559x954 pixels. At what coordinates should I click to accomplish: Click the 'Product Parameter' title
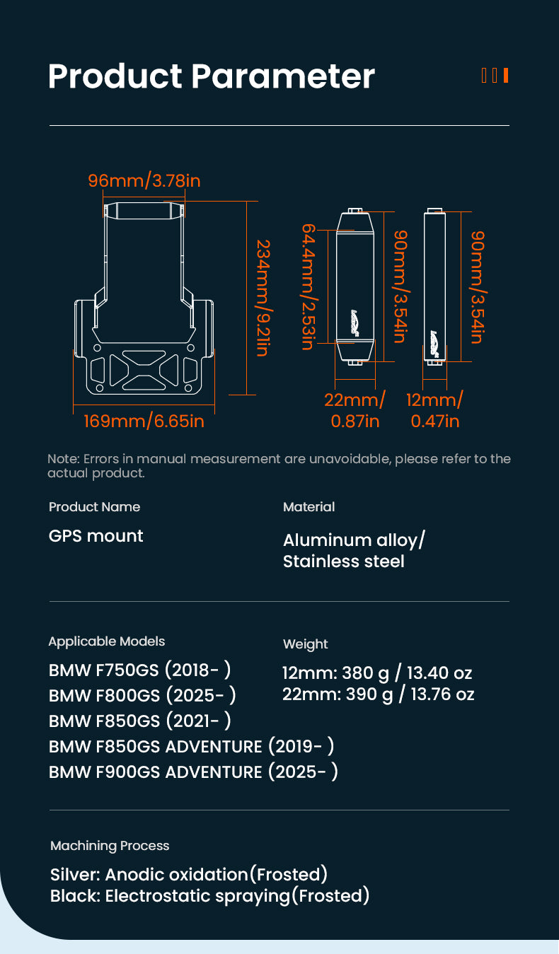[211, 76]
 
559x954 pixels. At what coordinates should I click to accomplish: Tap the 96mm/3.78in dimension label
[144, 181]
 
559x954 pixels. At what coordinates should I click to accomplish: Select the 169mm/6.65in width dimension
[144, 421]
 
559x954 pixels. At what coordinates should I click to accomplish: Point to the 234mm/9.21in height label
[263, 297]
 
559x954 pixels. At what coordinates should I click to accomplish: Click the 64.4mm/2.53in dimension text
[309, 286]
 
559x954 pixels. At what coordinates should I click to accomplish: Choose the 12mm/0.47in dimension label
[434, 410]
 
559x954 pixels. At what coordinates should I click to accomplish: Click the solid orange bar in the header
[506, 75]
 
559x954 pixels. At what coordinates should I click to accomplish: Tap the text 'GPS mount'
[96, 536]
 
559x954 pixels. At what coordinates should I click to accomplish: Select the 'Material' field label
[309, 507]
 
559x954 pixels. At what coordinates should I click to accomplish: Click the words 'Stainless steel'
[343, 562]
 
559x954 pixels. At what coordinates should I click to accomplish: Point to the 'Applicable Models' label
[106, 641]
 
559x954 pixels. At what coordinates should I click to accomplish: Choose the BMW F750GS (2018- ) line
[139, 670]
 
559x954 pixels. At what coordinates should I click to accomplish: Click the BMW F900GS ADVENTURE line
[193, 772]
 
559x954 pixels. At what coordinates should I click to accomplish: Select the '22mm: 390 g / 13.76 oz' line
[378, 694]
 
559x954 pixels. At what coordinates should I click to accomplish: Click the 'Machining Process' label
[110, 846]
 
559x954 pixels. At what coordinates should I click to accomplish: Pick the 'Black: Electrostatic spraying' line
[209, 896]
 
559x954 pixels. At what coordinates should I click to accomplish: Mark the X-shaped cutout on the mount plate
[144, 370]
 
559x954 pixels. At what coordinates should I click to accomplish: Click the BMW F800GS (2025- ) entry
[142, 695]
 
